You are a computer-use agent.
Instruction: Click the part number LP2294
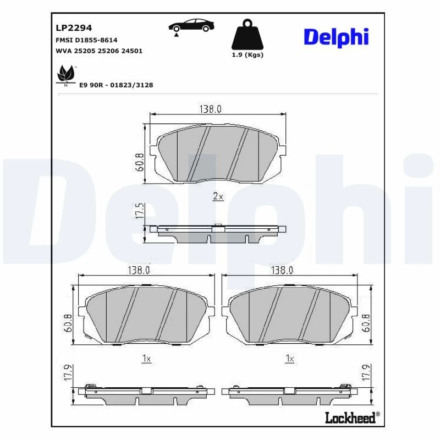tap(74, 28)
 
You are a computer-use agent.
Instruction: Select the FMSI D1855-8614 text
tap(86, 40)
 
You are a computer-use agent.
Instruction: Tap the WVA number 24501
tap(131, 51)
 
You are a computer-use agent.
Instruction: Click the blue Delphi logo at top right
tap(336, 37)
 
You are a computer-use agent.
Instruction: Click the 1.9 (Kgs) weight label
tap(248, 54)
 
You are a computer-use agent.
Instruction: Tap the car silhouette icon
tap(191, 26)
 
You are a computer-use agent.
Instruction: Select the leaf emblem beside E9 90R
tap(65, 74)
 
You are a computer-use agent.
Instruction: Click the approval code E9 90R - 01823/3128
tap(116, 85)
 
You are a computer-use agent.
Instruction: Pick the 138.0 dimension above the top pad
tap(211, 109)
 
